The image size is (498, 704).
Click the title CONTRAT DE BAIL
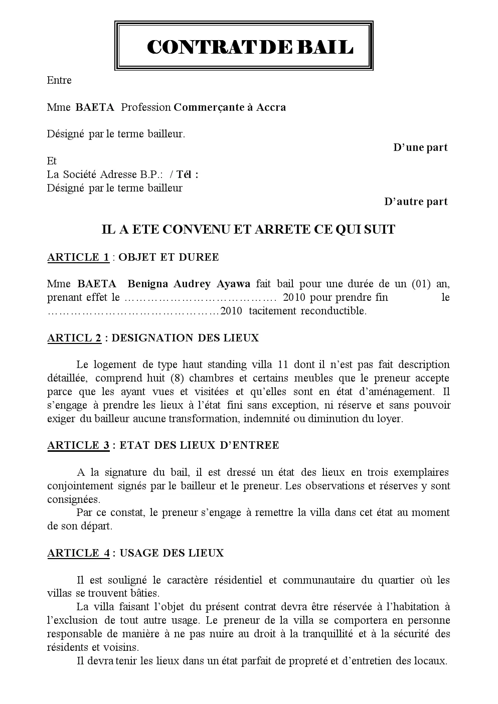[249, 47]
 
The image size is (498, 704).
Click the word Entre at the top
[59, 80]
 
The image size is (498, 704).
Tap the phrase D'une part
[420, 147]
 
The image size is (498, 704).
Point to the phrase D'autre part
[416, 202]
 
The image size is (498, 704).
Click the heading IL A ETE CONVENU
[248, 230]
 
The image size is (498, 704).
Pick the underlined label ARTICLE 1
[78, 257]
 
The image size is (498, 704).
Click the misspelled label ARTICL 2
[74, 338]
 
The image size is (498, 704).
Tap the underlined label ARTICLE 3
[78, 445]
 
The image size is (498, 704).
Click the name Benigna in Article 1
[148, 284]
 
